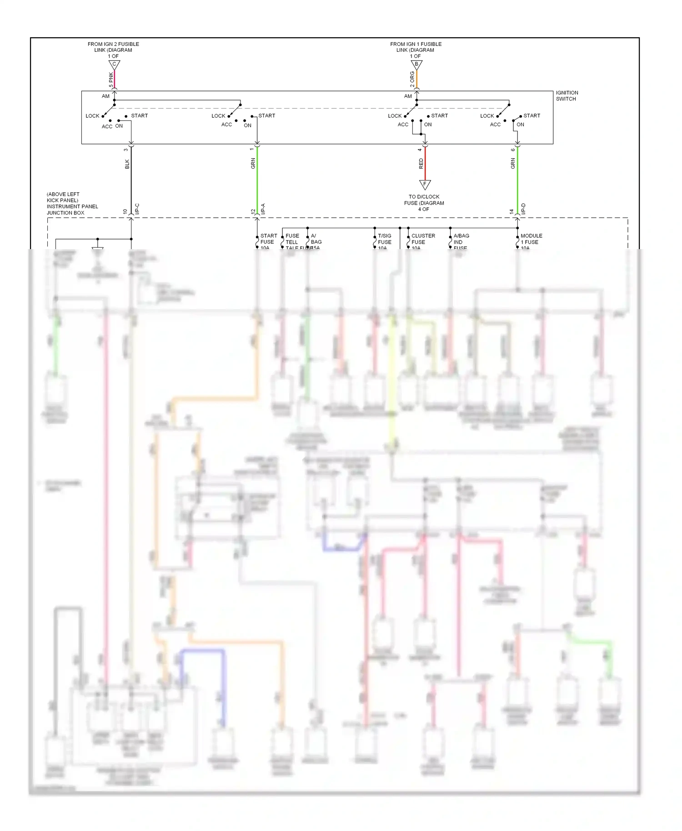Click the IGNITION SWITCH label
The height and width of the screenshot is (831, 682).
567,95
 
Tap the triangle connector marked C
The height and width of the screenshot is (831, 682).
114,65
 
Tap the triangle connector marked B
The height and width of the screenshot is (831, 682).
416,65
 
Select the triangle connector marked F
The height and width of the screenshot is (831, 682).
425,184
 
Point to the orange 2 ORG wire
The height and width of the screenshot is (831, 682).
416,80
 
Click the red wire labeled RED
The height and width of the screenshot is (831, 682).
425,164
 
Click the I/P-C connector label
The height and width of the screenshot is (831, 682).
137,209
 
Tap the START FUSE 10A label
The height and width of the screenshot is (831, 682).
268,241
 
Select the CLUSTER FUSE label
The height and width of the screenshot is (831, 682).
422,239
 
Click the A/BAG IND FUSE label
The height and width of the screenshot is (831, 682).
461,241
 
